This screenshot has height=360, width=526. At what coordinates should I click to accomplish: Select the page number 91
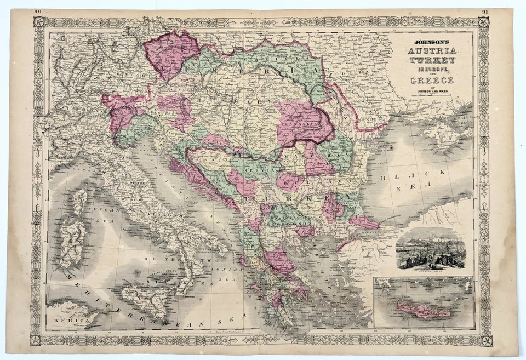coord(485,12)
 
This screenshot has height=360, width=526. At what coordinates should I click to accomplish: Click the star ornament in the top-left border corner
coord(39,22)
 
